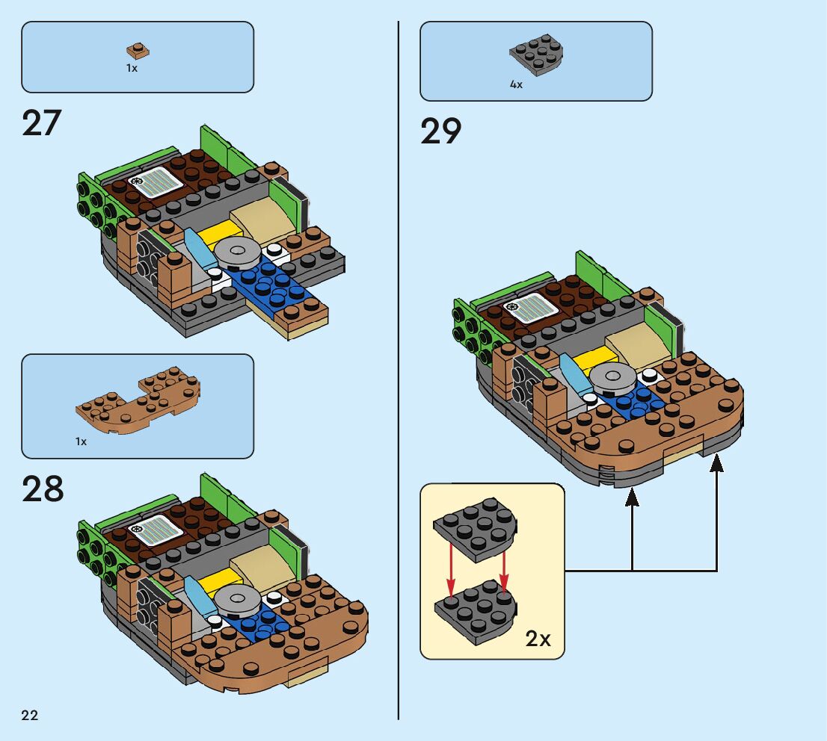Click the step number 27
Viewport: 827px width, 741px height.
(x=41, y=123)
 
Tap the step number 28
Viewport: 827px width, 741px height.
(x=43, y=489)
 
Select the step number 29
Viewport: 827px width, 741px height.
(x=440, y=131)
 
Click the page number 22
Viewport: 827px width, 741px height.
(x=30, y=716)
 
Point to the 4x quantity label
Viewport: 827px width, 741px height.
(x=516, y=85)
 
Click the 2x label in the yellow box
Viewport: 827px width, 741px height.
(x=538, y=639)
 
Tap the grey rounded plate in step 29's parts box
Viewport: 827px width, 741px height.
(x=536, y=53)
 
